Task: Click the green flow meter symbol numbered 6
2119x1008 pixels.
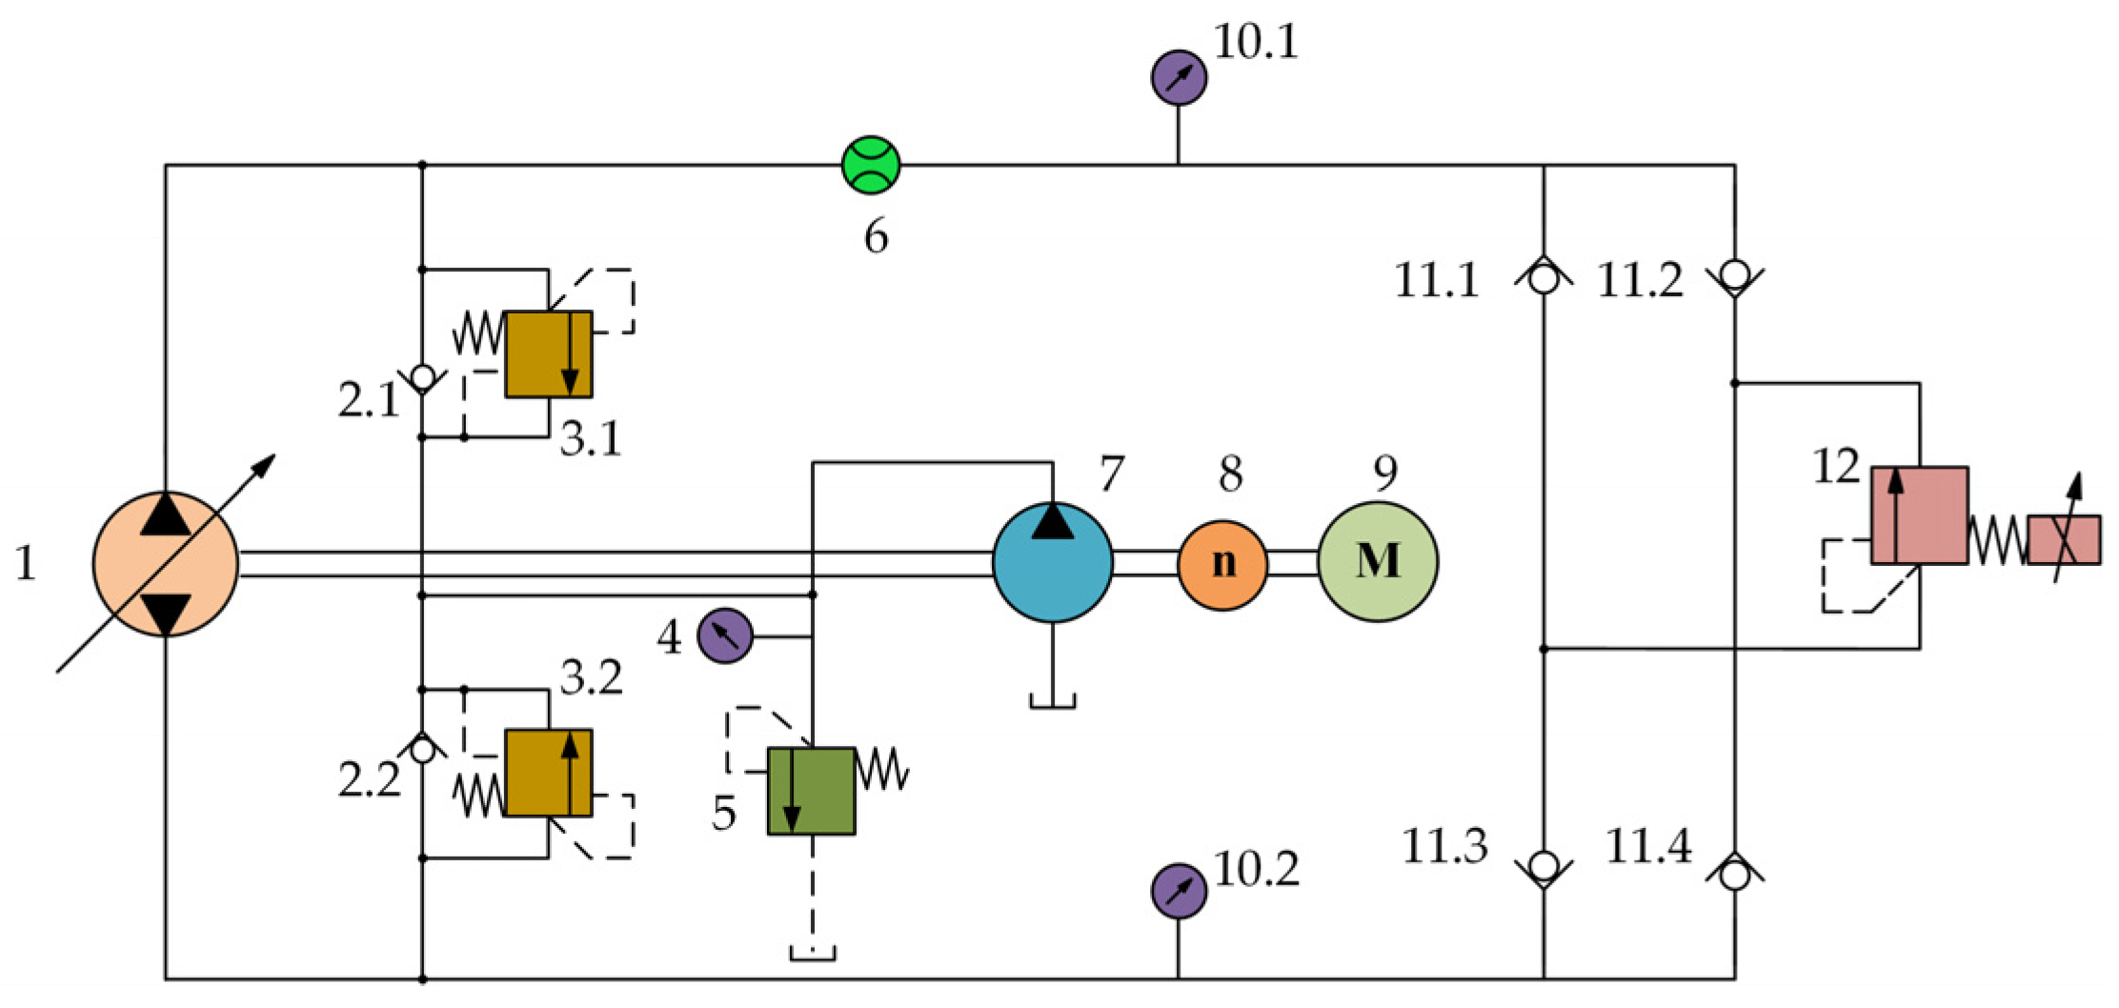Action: pos(871,165)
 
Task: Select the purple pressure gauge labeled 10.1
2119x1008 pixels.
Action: pos(1179,78)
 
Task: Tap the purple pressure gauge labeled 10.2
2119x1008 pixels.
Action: pos(1179,891)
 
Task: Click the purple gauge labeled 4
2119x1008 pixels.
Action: pos(725,635)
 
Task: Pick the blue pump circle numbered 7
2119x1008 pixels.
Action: pos(1052,562)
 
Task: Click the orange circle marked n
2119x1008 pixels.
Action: pos(1222,564)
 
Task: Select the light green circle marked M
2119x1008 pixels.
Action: pos(1378,562)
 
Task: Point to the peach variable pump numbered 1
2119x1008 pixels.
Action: pos(166,564)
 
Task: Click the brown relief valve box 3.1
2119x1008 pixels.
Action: pos(548,353)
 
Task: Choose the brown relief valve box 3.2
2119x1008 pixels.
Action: pos(548,773)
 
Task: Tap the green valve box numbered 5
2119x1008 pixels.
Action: pos(811,791)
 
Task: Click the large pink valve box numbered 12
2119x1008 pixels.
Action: pos(1919,515)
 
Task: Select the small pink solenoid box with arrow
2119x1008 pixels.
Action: pos(2063,540)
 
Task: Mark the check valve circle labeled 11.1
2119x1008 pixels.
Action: pos(1544,279)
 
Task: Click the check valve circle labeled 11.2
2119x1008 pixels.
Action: pos(1734,275)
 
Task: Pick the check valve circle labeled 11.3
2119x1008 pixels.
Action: pos(1544,866)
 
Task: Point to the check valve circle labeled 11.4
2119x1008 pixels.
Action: pos(1734,875)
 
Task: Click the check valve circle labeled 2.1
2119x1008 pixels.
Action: pos(422,376)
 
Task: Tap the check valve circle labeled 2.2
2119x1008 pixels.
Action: pos(422,751)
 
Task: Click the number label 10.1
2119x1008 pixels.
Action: pos(1256,43)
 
